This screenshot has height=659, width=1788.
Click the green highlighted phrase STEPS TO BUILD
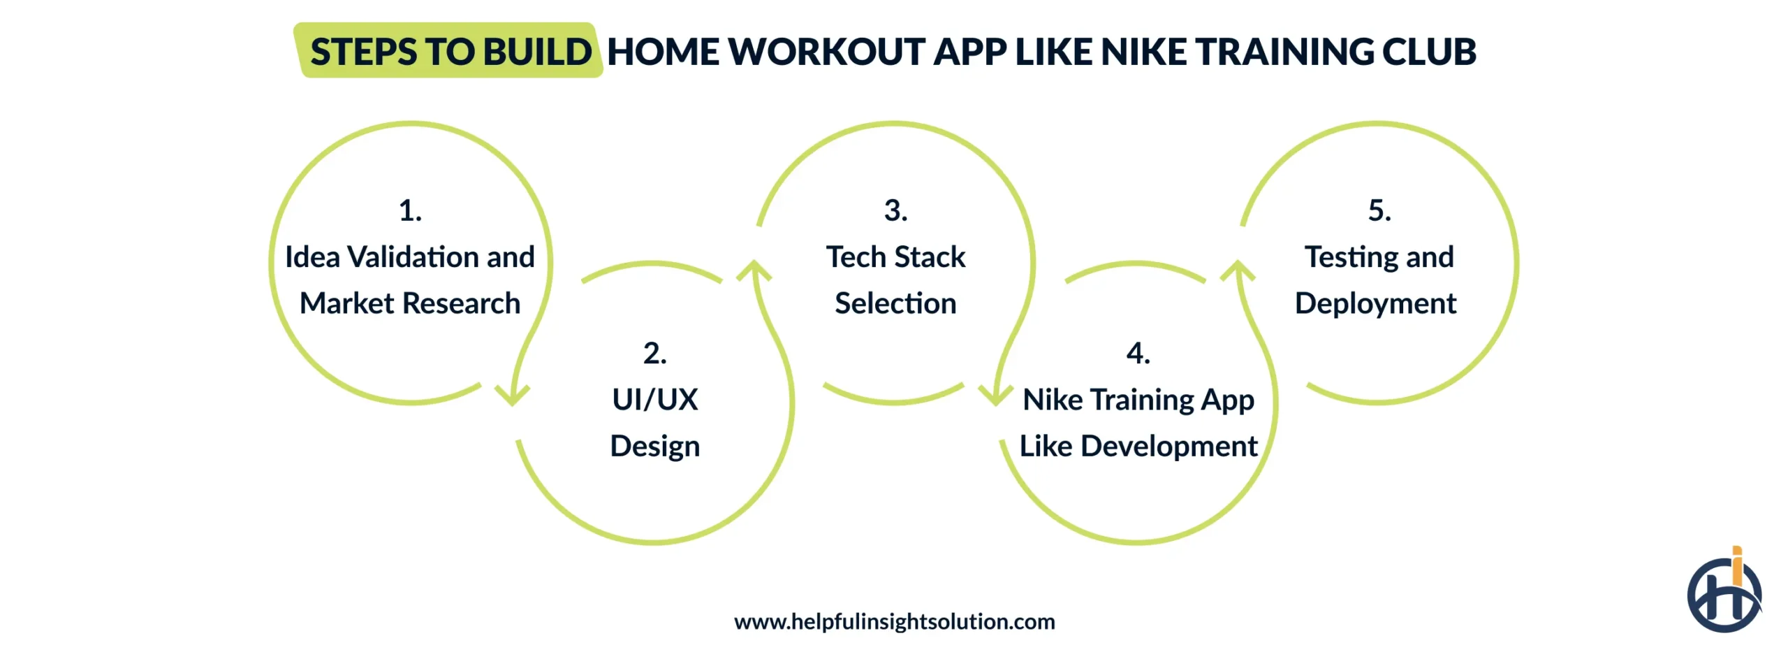click(x=450, y=52)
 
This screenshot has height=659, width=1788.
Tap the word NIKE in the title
click(x=1143, y=52)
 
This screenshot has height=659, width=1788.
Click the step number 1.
click(x=410, y=210)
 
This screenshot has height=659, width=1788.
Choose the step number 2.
click(x=654, y=353)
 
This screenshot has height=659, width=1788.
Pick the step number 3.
click(x=895, y=210)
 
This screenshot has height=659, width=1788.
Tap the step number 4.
click(x=1138, y=353)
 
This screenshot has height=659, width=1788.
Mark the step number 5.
click(x=1379, y=210)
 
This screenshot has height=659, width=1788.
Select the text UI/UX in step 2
click(x=654, y=400)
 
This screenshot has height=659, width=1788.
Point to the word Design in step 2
click(x=654, y=447)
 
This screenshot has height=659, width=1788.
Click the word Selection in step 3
click(x=895, y=303)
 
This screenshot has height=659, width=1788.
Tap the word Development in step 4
click(x=1168, y=447)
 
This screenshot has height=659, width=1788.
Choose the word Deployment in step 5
click(x=1375, y=303)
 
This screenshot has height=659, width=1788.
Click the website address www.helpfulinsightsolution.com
click(x=894, y=621)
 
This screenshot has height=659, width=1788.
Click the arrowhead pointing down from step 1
click(x=512, y=395)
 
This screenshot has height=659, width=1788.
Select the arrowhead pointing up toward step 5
click(x=1238, y=270)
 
